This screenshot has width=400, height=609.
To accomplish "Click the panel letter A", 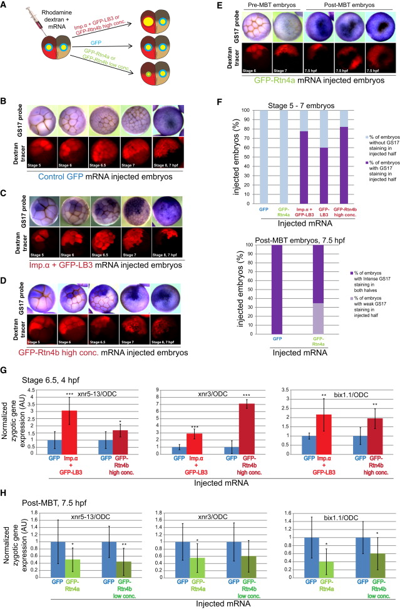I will coord(6,5).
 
